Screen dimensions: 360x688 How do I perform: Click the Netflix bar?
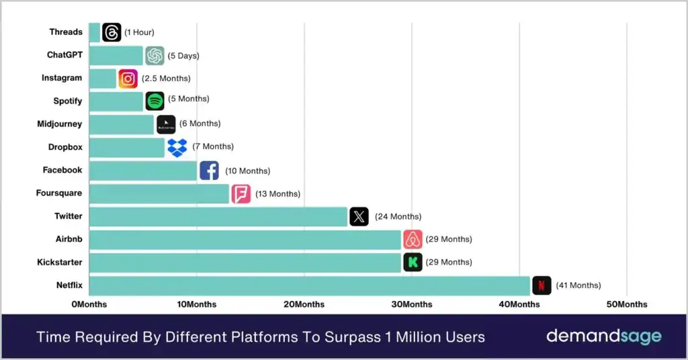(309, 285)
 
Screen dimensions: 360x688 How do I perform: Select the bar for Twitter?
(218, 216)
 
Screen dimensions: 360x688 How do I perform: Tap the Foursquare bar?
(159, 193)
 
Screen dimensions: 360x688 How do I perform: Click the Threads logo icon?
(112, 32)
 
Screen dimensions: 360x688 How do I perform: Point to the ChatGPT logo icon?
(155, 56)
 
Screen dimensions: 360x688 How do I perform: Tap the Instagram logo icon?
(128, 79)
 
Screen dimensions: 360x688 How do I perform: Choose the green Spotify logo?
(155, 101)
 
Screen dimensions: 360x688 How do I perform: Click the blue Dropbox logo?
(177, 147)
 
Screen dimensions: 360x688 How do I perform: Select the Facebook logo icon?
(209, 171)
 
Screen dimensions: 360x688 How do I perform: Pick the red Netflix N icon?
(542, 285)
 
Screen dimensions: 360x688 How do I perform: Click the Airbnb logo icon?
(413, 239)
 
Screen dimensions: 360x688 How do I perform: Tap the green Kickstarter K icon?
(413, 262)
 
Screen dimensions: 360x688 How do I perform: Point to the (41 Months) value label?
(578, 285)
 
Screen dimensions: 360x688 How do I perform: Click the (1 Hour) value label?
(139, 32)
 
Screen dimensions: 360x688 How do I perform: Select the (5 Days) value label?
(183, 56)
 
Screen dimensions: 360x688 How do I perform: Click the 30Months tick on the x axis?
(412, 304)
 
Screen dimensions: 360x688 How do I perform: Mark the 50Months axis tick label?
(627, 304)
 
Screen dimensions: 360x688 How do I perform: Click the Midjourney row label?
(60, 124)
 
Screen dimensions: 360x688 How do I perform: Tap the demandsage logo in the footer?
(603, 336)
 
